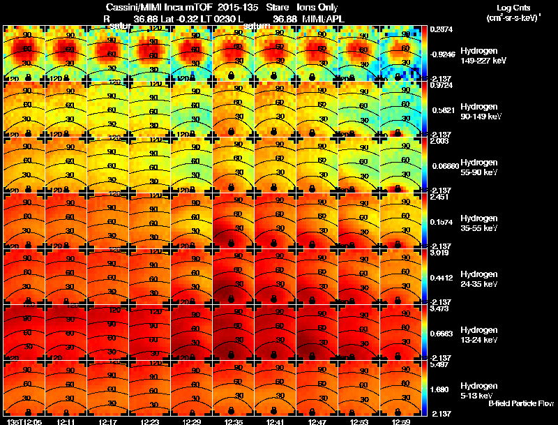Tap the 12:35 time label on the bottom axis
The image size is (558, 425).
234,422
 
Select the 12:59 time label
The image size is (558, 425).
401,422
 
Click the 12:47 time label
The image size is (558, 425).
317,422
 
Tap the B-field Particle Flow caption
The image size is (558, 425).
521,403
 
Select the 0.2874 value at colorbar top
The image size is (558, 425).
440,30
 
